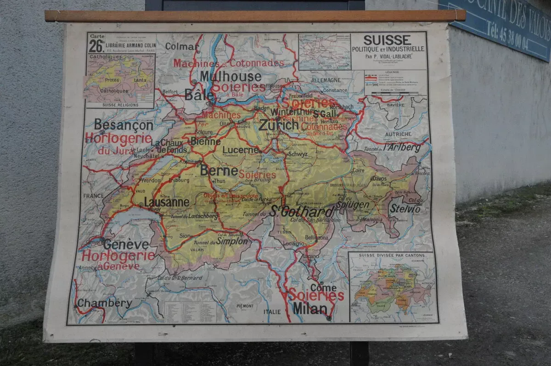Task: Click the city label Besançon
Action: click(x=124, y=125)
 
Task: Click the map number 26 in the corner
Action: click(x=96, y=46)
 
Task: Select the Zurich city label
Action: click(x=279, y=125)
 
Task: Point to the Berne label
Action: click(x=219, y=171)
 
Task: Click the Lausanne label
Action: click(x=166, y=202)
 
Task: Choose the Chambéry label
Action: click(x=104, y=303)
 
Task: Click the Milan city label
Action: click(x=310, y=309)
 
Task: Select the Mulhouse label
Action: click(x=230, y=76)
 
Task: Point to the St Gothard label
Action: click(x=302, y=212)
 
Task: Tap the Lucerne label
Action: click(x=241, y=150)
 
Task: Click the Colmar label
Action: click(x=181, y=46)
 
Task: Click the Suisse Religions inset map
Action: click(x=120, y=81)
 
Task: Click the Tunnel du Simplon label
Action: click(x=220, y=241)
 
